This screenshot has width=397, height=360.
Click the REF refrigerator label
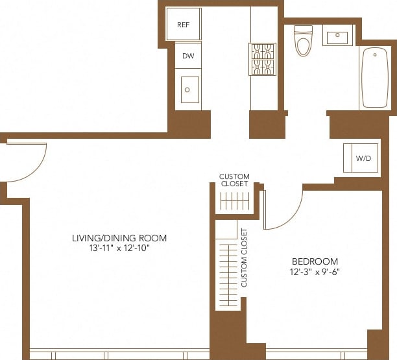[183, 25]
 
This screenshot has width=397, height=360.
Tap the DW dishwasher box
[187, 56]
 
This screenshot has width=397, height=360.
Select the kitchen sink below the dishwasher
[189, 90]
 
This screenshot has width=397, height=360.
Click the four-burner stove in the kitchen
[263, 59]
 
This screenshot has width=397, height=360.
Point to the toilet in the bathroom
[303, 40]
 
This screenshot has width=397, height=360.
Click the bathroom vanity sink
[337, 37]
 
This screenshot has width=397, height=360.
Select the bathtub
[374, 77]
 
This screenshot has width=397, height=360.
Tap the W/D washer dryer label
[361, 158]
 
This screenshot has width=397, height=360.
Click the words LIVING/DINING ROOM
[119, 238]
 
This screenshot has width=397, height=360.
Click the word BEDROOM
[315, 261]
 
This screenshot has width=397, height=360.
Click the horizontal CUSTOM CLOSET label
[234, 180]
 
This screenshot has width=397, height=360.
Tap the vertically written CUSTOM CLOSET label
[245, 258]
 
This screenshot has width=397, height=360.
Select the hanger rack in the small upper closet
[234, 202]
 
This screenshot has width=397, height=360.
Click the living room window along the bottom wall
[119, 354]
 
